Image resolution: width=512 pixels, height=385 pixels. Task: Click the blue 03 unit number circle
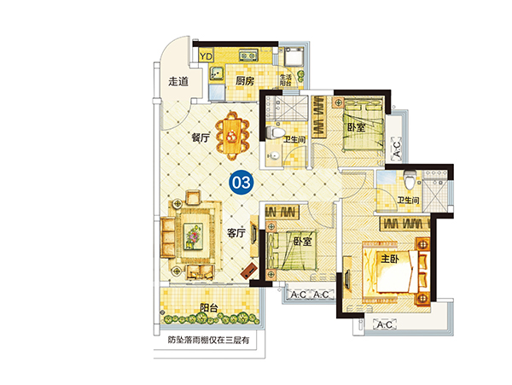[241, 183]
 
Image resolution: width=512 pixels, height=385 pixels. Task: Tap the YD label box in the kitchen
[206, 56]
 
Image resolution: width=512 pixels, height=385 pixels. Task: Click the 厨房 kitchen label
[245, 80]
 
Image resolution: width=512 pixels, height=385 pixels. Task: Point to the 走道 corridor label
[178, 81]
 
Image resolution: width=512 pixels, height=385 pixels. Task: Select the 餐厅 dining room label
[201, 138]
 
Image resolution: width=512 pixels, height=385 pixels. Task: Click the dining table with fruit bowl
[232, 136]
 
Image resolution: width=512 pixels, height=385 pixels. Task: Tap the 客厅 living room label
[236, 233]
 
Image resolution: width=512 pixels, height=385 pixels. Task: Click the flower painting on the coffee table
[193, 236]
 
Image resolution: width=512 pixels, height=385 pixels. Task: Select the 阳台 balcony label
[209, 307]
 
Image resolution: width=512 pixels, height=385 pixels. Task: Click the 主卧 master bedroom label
[390, 259]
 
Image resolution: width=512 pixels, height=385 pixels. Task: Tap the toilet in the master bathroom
[409, 179]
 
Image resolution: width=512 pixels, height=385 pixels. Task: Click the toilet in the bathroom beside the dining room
[274, 132]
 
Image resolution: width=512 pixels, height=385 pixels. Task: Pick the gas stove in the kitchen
[247, 55]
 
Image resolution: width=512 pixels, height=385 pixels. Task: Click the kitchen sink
[216, 73]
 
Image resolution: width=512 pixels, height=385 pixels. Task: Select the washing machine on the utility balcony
[294, 57]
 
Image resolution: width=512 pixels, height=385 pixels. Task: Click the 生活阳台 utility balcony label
[285, 80]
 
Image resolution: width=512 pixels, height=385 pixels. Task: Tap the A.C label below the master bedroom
[385, 325]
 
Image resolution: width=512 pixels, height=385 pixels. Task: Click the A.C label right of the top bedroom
[396, 149]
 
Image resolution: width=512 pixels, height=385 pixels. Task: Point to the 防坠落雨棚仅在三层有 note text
[208, 341]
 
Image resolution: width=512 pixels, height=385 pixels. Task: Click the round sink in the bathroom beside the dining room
[274, 155]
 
